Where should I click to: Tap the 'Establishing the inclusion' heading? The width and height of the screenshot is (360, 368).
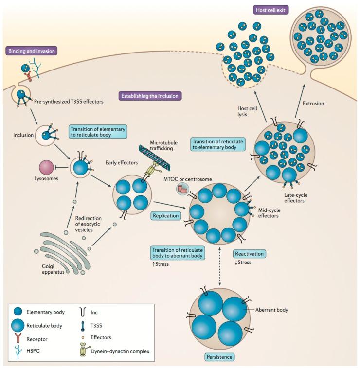click(x=150, y=96)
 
